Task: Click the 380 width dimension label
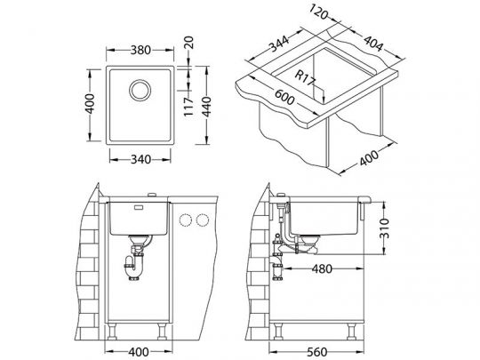[140, 50]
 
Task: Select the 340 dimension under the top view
[140, 159]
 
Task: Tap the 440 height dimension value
[207, 107]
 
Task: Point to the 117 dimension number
[188, 107]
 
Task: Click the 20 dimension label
[189, 43]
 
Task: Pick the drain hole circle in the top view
[140, 90]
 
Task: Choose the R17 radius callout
[304, 77]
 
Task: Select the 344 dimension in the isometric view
[278, 44]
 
